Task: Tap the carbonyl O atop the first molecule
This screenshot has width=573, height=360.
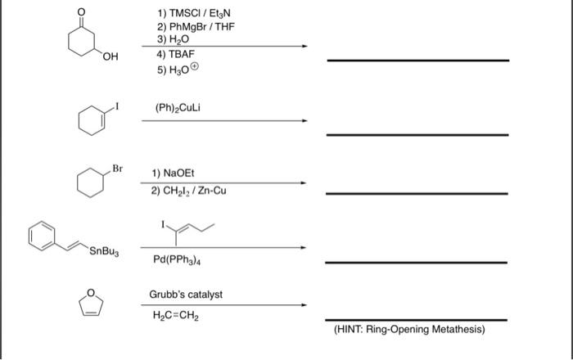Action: pos(79,11)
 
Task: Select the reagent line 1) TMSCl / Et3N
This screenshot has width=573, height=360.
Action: pos(193,14)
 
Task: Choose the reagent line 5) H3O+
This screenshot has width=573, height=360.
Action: pos(177,68)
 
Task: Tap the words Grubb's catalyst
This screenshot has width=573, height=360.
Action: pos(185,294)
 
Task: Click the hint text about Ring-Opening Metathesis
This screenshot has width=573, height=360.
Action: pos(409,330)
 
